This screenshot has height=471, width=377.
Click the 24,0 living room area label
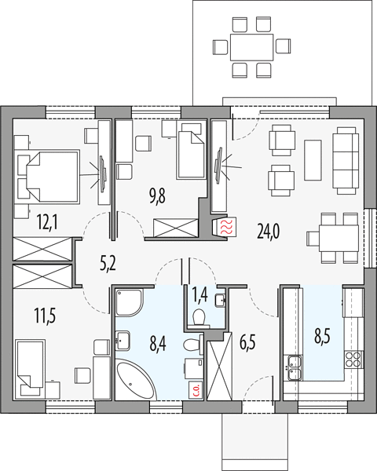pos(268,232)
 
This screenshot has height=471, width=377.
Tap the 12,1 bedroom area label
pos(47,222)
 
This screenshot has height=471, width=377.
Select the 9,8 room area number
pos(158,196)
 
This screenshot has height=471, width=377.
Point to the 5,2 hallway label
pos(108,265)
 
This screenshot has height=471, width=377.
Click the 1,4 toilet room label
pos(200,295)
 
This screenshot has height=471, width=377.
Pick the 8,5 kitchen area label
pos(322,336)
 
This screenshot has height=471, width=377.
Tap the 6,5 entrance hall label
pos(247,342)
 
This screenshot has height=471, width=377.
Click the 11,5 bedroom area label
pos(45,316)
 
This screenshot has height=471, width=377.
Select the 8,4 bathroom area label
pos(158,344)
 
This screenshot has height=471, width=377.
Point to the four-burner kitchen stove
pos(353,360)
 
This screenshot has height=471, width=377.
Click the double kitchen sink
pos(295,367)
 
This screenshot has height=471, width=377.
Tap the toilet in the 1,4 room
pos(199,318)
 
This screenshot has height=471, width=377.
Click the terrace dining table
pos(251,47)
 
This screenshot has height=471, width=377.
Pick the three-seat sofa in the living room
pos(346,160)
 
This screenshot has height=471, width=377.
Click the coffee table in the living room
pos(313,160)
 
